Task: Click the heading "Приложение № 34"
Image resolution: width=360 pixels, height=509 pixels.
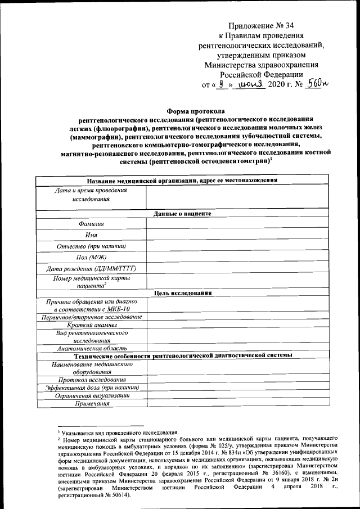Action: pyautogui.click(x=262, y=25)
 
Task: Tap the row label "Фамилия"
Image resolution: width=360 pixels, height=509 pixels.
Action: pyautogui.click(x=91, y=224)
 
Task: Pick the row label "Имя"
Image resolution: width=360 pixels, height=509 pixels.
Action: pyautogui.click(x=91, y=235)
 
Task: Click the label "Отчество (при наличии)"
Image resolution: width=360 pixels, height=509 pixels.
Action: pyautogui.click(x=91, y=246)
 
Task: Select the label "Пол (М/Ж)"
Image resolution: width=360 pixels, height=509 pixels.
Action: pyautogui.click(x=91, y=257)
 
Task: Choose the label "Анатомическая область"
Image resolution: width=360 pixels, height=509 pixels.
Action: pyautogui.click(x=91, y=348)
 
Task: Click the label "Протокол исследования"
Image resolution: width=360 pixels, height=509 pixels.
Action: pyautogui.click(x=91, y=380)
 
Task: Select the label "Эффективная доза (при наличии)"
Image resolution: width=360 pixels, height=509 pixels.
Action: pyautogui.click(x=91, y=388)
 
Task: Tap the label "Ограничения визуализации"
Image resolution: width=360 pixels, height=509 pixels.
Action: pyautogui.click(x=91, y=395)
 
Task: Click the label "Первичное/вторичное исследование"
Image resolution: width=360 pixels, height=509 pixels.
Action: pyautogui.click(x=91, y=317)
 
